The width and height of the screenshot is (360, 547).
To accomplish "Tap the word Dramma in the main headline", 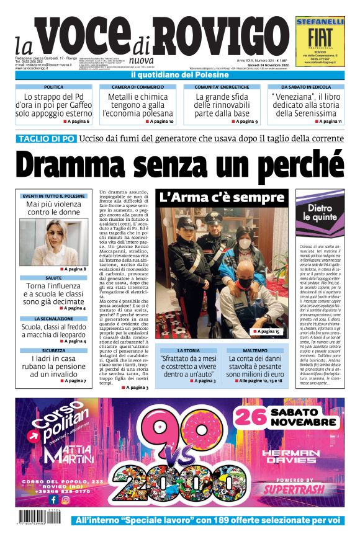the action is pyautogui.click(x=84, y=166).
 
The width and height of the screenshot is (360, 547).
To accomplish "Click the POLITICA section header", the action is pyautogui.click(x=53, y=87).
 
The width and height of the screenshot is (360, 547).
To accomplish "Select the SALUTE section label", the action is pyautogui.click(x=54, y=278).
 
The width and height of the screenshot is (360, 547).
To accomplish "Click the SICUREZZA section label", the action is pyautogui.click(x=54, y=350).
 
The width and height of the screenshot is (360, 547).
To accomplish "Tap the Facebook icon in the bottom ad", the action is pyautogui.click(x=53, y=499).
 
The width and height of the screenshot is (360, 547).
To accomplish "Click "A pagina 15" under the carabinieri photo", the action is pyautogui.click(x=267, y=332).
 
